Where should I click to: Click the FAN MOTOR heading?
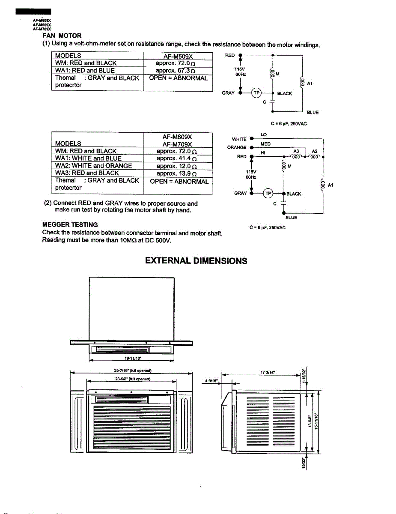coord(62,36)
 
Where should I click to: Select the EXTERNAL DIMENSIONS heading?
coord(196,261)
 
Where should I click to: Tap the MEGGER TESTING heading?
coord(70,224)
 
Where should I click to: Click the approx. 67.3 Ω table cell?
coord(176,71)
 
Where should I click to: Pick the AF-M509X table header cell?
coord(178,56)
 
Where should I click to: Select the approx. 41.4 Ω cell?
coord(176,158)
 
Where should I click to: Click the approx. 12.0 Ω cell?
coord(176,166)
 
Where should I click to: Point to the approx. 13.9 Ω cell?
coord(176,173)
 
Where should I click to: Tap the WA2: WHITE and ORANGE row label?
coord(93,166)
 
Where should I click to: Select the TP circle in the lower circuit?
coord(268,193)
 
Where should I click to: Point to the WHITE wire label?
coord(239,139)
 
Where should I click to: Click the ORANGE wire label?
coord(237,148)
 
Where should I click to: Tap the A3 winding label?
coord(296,151)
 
